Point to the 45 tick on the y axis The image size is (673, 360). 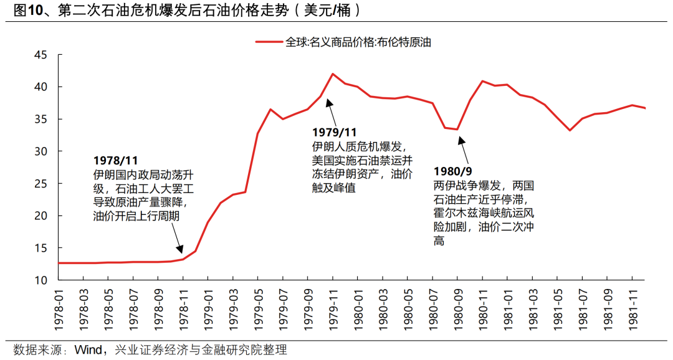(x=41, y=55)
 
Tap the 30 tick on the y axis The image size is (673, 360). (x=41, y=151)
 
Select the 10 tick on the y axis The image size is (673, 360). (x=41, y=280)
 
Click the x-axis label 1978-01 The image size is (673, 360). (x=58, y=308)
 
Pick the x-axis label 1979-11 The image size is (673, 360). (x=333, y=308)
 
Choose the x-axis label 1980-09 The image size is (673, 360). (x=457, y=308)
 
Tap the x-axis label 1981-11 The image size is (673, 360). (x=632, y=308)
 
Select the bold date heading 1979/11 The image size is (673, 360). (x=334, y=133)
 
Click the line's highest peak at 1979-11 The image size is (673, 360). (x=333, y=73)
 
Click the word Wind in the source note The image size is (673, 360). (x=88, y=349)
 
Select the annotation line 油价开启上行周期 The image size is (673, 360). (x=136, y=216)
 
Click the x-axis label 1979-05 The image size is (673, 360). (x=258, y=308)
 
